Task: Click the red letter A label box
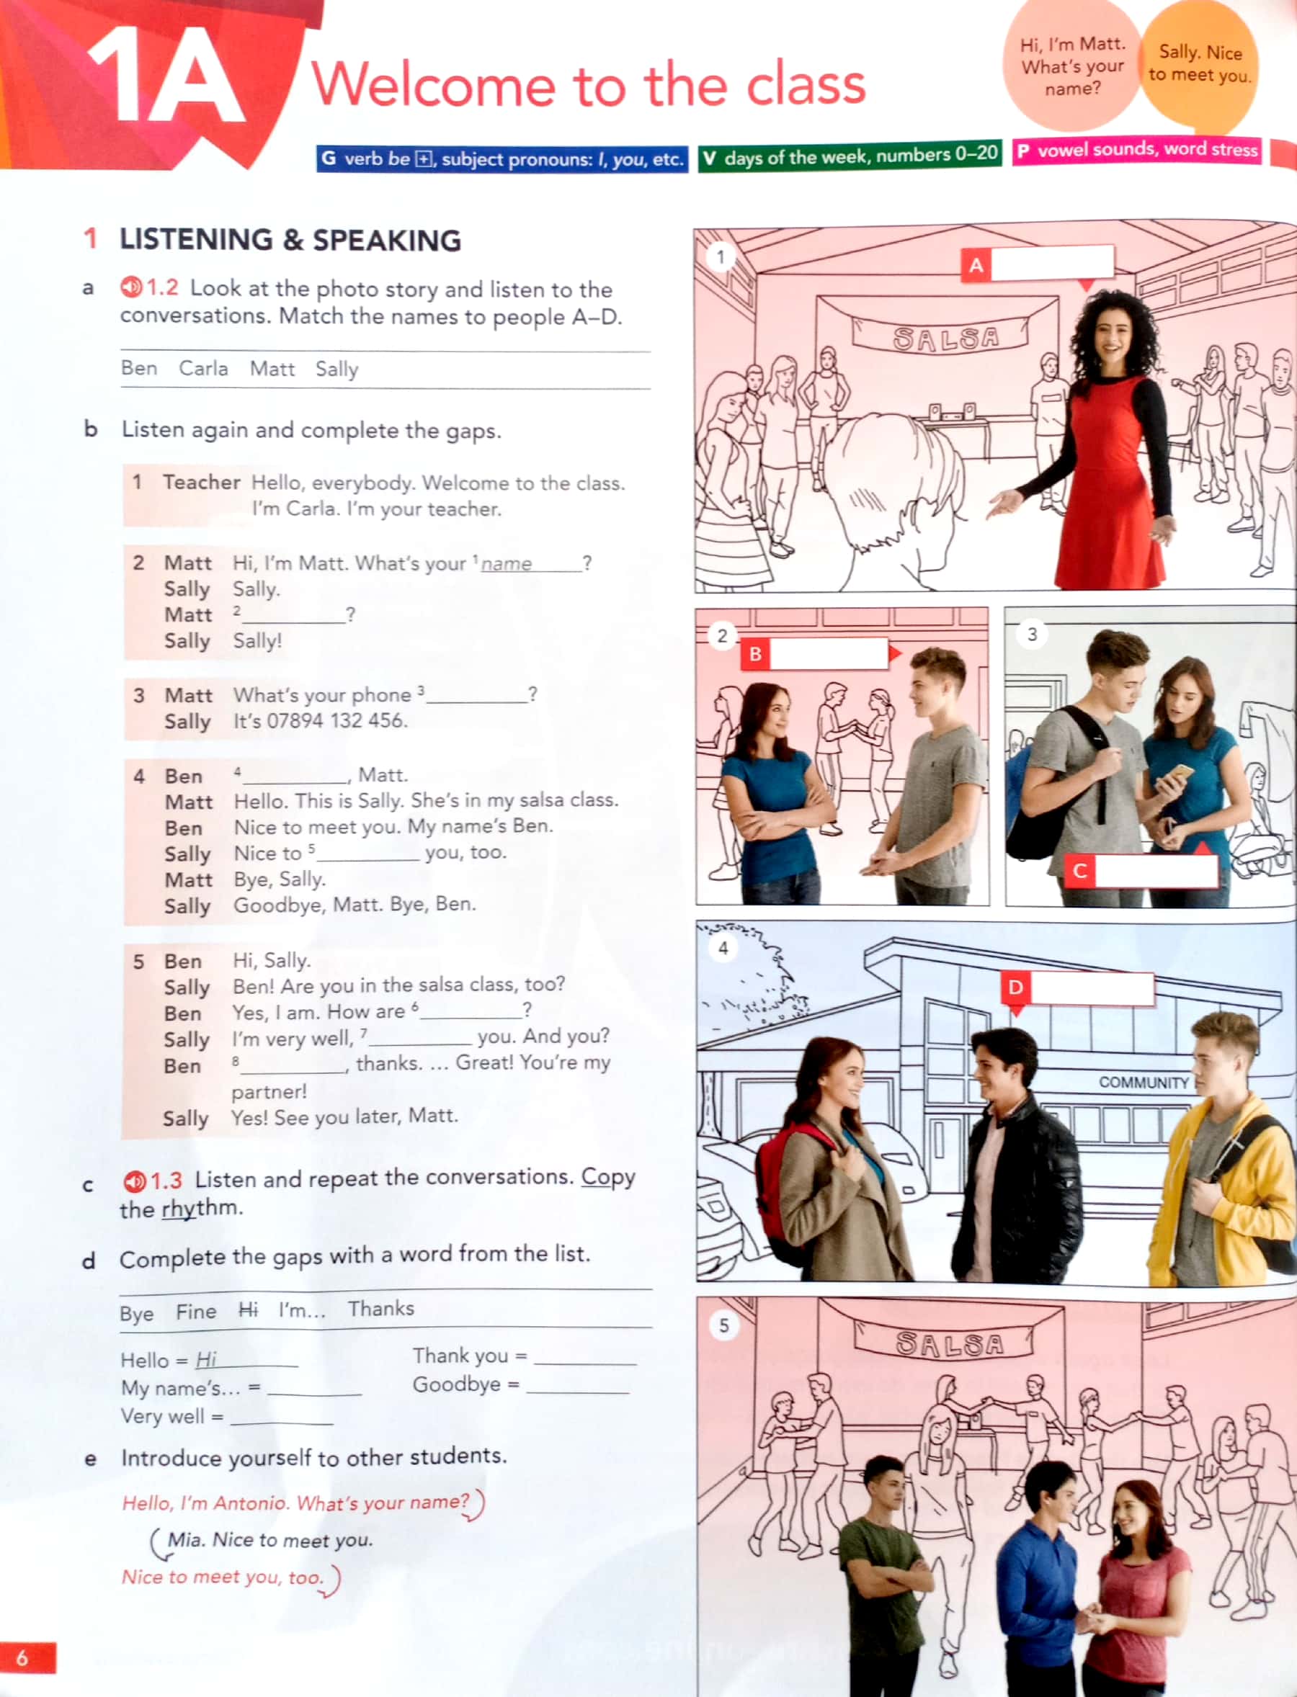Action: pyautogui.click(x=975, y=266)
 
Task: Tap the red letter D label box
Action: pyautogui.click(x=1015, y=987)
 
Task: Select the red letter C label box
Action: pyautogui.click(x=1079, y=872)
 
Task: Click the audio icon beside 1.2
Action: pyautogui.click(x=130, y=287)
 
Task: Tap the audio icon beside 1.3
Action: pyautogui.click(x=133, y=1181)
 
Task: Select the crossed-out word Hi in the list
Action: pyautogui.click(x=247, y=1309)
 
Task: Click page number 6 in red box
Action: pyautogui.click(x=23, y=1657)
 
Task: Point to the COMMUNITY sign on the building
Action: pyautogui.click(x=1143, y=1083)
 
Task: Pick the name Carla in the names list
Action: pyautogui.click(x=203, y=368)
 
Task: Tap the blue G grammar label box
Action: pyautogui.click(x=502, y=159)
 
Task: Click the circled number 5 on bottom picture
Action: pyautogui.click(x=723, y=1326)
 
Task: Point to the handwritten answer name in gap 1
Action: pyautogui.click(x=507, y=564)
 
